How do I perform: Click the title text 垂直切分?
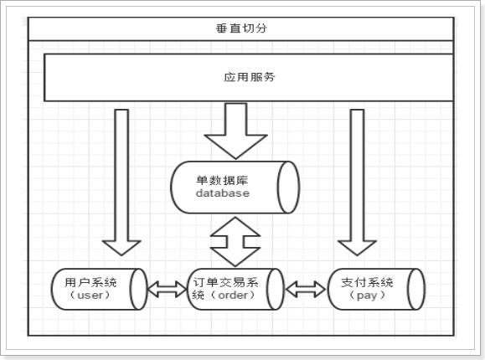point(241,28)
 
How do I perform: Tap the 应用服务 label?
point(250,77)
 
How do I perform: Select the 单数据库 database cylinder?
point(235,187)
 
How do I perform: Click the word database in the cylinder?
point(223,193)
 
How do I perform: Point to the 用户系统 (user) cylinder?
point(100,289)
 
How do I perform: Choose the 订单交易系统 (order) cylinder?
point(235,289)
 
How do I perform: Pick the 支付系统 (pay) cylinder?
point(376,289)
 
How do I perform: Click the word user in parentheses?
point(90,296)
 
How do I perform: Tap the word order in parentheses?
point(233,296)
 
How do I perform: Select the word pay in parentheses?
point(367,296)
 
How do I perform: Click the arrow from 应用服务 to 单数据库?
point(235,131)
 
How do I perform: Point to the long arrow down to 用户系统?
point(121,183)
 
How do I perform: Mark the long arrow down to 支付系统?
point(357,183)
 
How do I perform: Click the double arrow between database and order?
point(235,242)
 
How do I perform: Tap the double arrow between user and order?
point(168,290)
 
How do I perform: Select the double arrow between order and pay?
point(306,290)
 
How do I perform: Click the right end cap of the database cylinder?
point(288,187)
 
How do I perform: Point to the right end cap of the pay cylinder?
point(416,289)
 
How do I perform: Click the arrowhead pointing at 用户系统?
point(121,248)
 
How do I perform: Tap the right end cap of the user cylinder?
point(138,289)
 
